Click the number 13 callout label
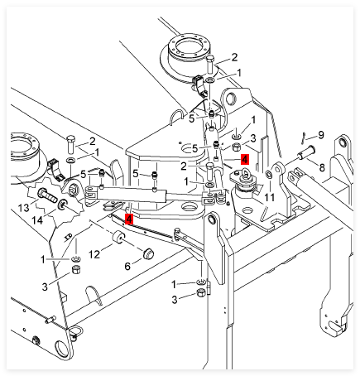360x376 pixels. [23, 208]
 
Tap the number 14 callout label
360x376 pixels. [37, 220]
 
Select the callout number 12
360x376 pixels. [94, 254]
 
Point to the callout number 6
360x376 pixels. [127, 267]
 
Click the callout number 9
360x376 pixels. [321, 135]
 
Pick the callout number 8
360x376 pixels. [322, 167]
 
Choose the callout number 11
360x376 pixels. [269, 197]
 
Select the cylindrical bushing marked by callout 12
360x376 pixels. [119, 238]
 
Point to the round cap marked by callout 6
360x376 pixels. [148, 253]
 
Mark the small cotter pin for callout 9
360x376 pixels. [303, 137]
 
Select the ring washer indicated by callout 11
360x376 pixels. [268, 175]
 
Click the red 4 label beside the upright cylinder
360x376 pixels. [245, 159]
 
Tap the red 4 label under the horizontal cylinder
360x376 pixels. [129, 219]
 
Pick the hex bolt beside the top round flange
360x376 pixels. [210, 64]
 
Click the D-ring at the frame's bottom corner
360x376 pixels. [75, 331]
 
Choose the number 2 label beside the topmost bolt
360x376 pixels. [234, 57]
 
